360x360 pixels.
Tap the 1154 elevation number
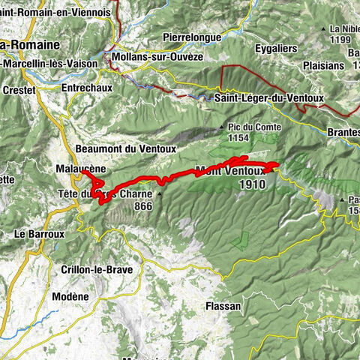240,139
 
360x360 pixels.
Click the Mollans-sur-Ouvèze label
157,56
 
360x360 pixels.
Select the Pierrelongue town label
193,36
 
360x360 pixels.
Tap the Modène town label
70,297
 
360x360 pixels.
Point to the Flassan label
223,306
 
